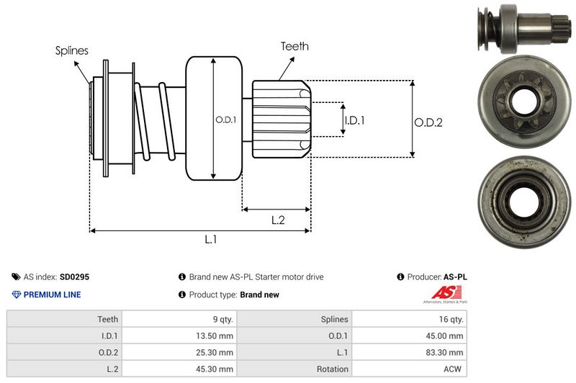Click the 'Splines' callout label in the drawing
tap(72, 51)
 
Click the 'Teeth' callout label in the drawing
tap(294, 46)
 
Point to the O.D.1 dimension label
tap(226, 120)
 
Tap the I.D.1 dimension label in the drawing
tap(354, 120)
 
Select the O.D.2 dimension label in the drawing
tap(428, 122)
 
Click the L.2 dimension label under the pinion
tap(278, 220)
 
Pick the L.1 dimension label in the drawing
tap(210, 240)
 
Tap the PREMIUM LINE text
tap(52, 294)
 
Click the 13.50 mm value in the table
tap(215, 335)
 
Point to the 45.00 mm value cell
tap(446, 335)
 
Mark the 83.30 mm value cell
tap(446, 352)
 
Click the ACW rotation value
tap(454, 369)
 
